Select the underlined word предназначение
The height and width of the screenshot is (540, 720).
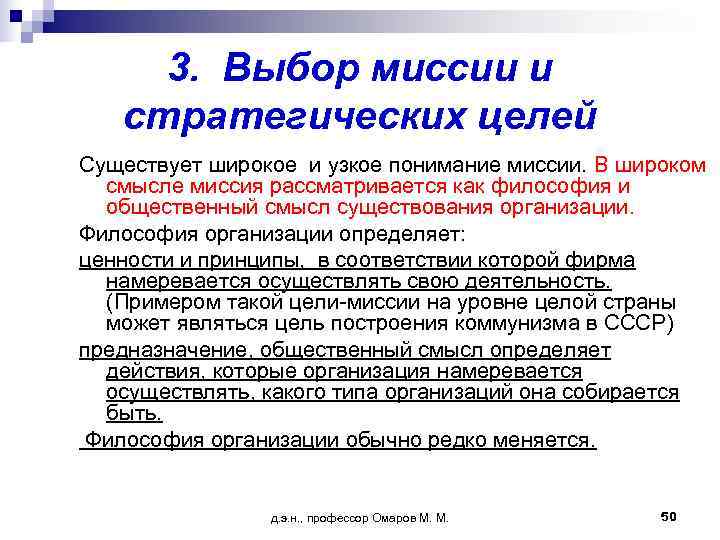pos(159,350)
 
